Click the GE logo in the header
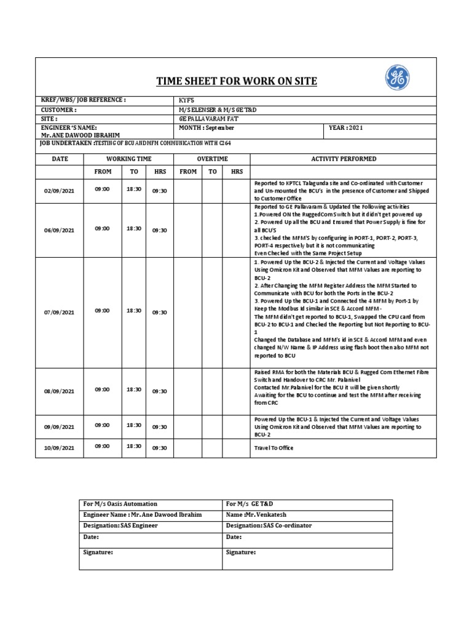pos(397,78)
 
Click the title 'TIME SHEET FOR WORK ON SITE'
pos(237,81)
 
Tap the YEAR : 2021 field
pos(347,127)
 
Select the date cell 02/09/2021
pos(59,192)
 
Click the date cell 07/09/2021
pos(59,313)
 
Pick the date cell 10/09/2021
pos(59,448)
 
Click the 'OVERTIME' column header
pos(211,159)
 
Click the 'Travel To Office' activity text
pos(273,448)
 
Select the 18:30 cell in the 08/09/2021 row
pos(134,390)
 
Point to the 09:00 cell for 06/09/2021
pos(102,228)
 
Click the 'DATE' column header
pos(60,159)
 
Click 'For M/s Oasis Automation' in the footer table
pos(120,504)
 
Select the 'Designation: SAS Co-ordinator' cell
pos(269,525)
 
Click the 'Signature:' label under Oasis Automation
pos(98,552)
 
